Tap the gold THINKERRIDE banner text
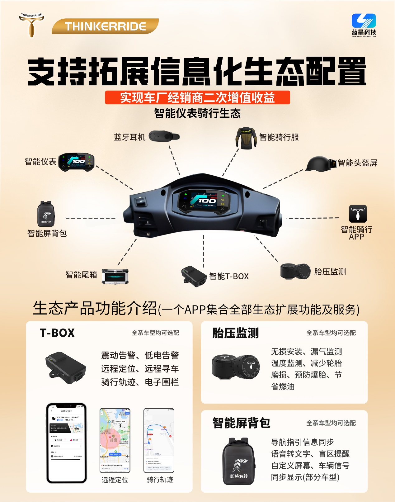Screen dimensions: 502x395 point(105,26)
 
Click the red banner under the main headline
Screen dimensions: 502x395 point(197,97)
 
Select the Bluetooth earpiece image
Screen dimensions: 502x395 point(164,136)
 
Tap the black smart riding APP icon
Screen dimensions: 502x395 point(358,214)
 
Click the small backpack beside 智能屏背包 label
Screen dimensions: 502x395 point(46,214)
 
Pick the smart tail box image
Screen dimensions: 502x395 point(115,276)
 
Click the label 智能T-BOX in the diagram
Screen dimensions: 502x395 point(229,276)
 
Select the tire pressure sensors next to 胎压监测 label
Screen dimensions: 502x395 point(295,272)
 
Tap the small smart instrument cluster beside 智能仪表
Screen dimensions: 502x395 point(76,162)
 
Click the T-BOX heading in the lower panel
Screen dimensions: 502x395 point(57,333)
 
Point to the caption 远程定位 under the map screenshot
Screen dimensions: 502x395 point(115,480)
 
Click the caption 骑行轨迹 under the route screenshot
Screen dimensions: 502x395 point(160,480)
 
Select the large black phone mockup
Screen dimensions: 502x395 point(66,443)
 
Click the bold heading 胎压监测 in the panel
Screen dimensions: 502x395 point(236,333)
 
